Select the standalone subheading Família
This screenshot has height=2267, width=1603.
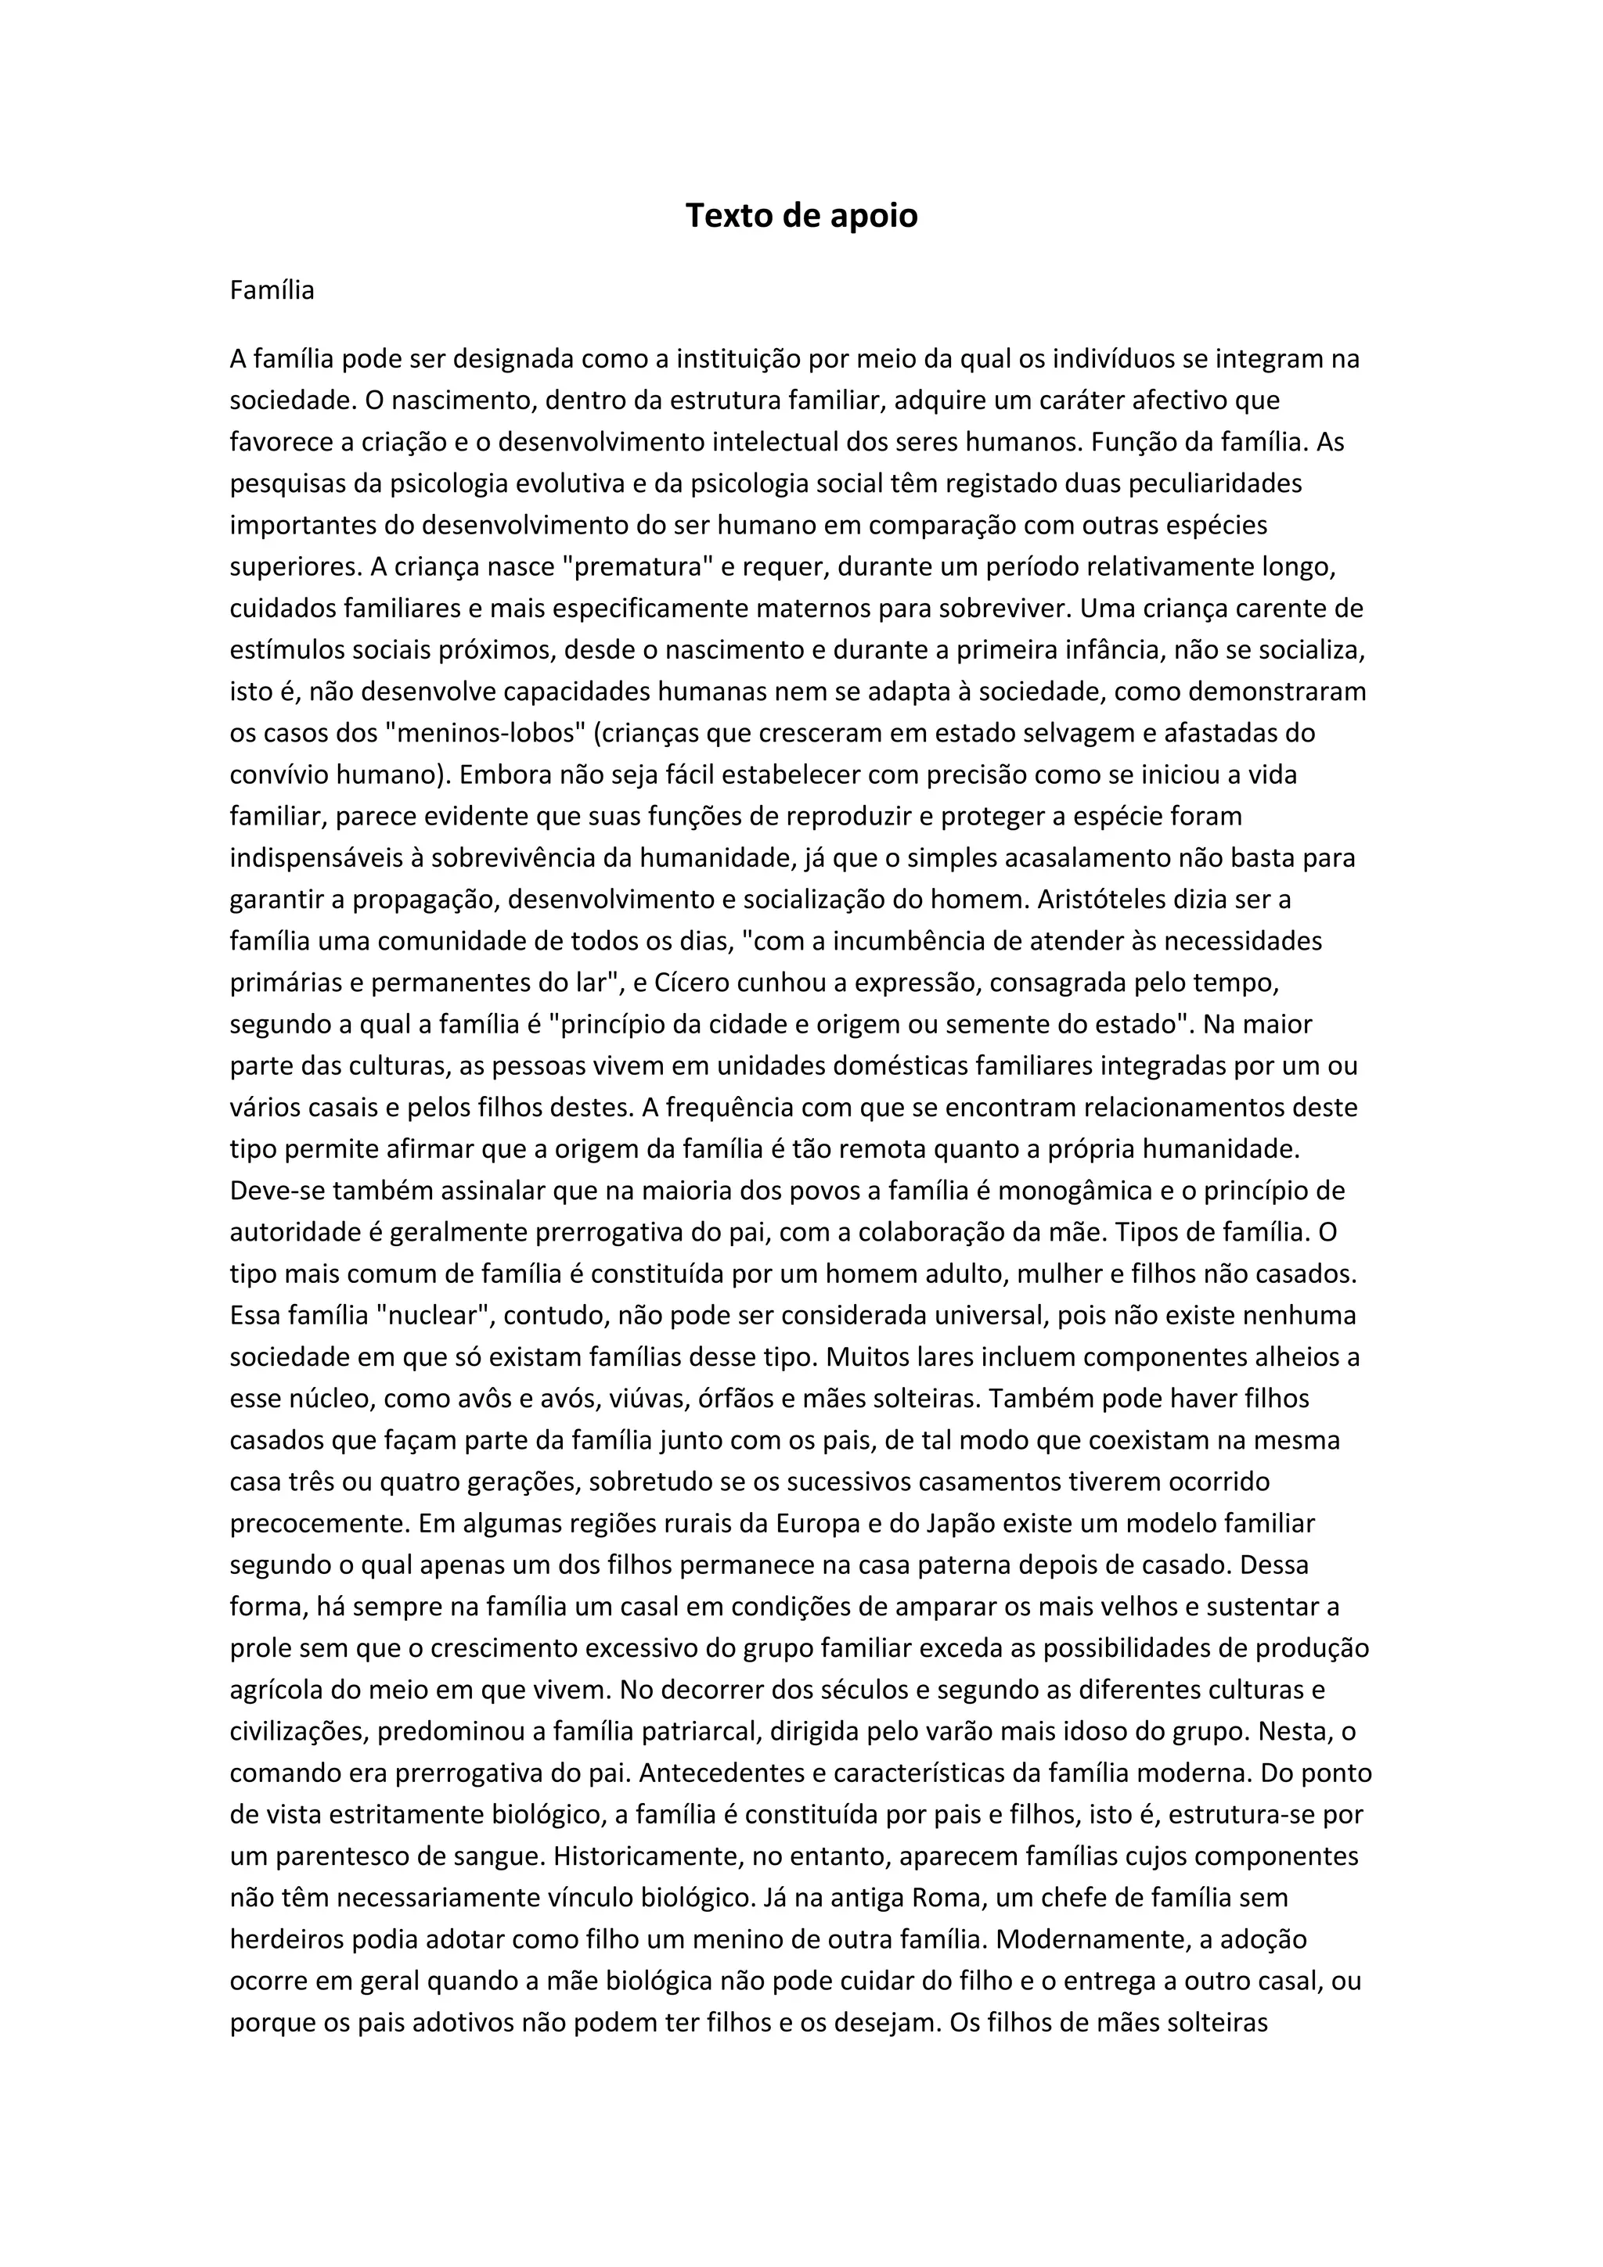coord(272,290)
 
